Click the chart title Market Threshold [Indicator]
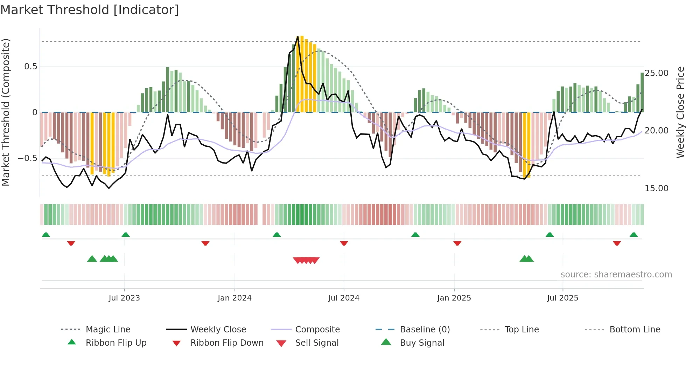[x=90, y=10]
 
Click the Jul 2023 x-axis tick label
[x=124, y=298]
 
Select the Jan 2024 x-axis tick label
[x=234, y=298]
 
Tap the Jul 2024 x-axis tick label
[x=344, y=298]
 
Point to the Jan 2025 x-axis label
[x=454, y=298]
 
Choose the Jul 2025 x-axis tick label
[x=562, y=298]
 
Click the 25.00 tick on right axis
[x=657, y=73]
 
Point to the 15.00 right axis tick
[x=657, y=188]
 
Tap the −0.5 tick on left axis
[x=27, y=158]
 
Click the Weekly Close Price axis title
[x=680, y=112]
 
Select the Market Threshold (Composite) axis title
[x=6, y=112]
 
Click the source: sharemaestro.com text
[x=616, y=275]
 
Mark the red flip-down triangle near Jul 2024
[x=344, y=243]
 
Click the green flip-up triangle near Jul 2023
[x=126, y=235]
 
